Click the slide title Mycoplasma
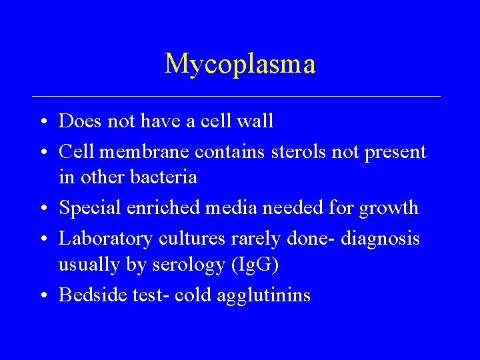(240, 64)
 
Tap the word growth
(389, 209)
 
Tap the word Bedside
(85, 295)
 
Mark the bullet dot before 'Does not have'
(42, 122)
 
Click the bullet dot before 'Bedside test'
(42, 296)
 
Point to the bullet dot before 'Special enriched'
(42, 209)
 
